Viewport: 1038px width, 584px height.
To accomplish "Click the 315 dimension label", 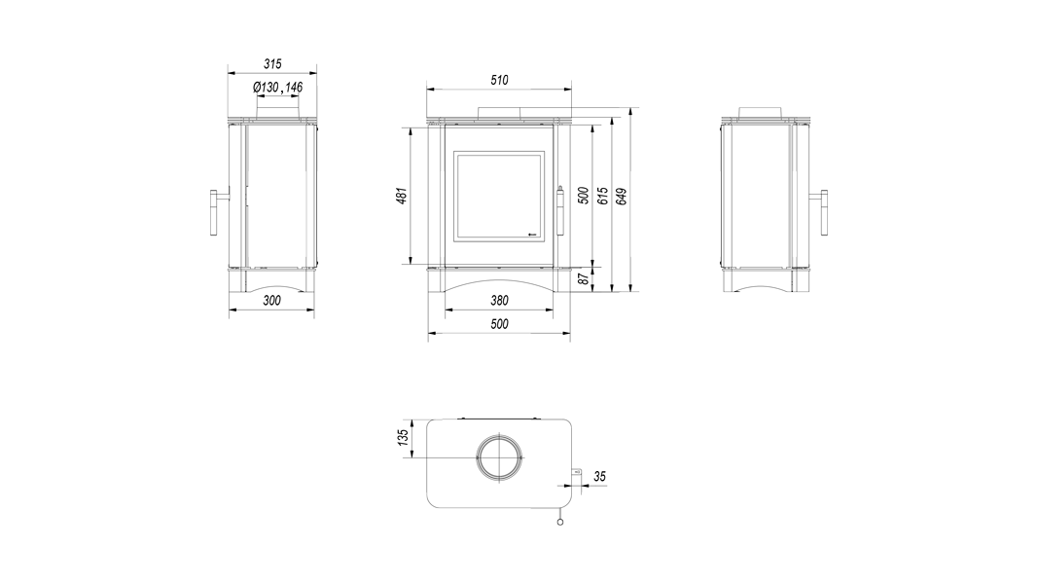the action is click(272, 63).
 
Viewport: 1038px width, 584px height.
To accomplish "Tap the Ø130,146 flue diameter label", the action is click(277, 88).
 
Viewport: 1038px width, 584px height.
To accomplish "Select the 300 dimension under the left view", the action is click(271, 300).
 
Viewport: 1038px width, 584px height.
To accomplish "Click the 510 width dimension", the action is click(499, 80).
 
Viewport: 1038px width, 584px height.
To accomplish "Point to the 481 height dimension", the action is click(402, 196).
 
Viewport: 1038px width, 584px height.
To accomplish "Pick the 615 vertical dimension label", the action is click(602, 196).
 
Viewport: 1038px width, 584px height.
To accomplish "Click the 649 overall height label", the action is click(621, 197).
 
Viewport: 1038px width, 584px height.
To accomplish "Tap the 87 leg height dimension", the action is click(584, 278).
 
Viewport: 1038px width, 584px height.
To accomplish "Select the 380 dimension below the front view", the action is click(499, 301).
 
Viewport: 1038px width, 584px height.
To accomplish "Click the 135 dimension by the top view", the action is click(403, 438).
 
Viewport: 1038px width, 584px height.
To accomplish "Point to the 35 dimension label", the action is click(599, 476).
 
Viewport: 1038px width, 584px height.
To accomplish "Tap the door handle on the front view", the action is click(560, 210).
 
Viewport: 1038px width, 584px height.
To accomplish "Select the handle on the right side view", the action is click(824, 212).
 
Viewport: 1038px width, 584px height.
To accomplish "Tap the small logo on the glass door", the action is click(529, 233).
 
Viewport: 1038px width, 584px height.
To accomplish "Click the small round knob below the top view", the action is click(560, 523).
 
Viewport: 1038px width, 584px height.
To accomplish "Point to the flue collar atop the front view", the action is click(499, 113).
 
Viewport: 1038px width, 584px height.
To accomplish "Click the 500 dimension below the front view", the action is click(499, 324).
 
